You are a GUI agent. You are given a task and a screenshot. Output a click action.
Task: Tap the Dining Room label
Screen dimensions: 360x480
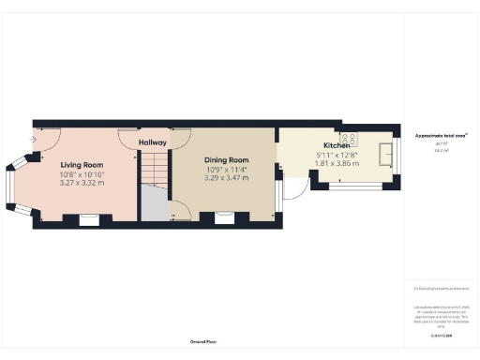tap(226, 159)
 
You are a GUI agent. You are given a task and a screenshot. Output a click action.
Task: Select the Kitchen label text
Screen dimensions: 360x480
tap(337, 147)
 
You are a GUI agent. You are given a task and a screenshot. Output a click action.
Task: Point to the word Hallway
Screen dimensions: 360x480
tap(152, 142)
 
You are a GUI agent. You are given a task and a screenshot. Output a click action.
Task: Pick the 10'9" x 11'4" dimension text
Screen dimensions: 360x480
tap(226, 169)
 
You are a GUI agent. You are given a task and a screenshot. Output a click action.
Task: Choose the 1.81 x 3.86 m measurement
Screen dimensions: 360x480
tap(337, 164)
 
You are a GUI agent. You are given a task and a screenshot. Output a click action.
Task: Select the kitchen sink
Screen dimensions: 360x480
tap(384, 153)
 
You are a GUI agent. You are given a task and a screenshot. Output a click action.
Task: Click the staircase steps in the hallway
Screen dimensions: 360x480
tap(152, 169)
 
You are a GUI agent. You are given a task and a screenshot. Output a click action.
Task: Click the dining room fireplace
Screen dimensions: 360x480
tap(225, 218)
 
